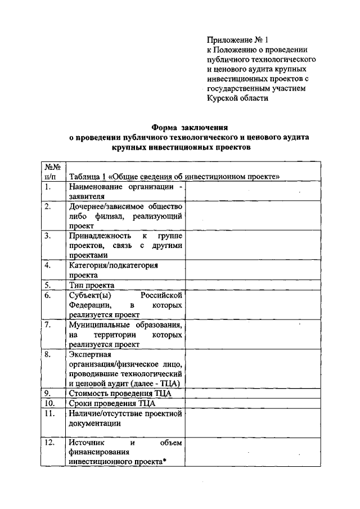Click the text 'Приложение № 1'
coord(238,40)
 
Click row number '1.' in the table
coord(49,187)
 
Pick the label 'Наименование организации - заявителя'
coord(125,192)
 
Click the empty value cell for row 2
coord(253,216)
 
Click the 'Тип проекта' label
coord(92,285)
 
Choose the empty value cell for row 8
coord(253,369)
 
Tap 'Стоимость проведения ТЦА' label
coord(120,393)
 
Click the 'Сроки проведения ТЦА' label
coord(111,403)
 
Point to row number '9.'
coord(49,393)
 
